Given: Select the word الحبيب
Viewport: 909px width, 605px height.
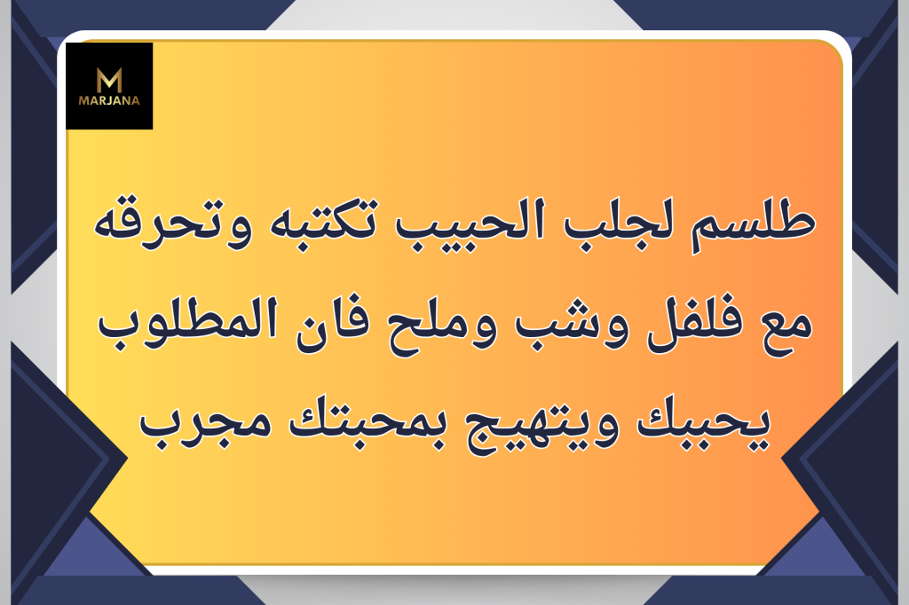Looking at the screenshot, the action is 470,220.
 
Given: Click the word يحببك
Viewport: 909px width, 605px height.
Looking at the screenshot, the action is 703,422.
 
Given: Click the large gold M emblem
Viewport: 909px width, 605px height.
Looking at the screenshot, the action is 109,80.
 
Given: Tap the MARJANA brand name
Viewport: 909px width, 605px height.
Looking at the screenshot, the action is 109,100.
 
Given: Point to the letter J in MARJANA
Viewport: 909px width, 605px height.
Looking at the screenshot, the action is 108,100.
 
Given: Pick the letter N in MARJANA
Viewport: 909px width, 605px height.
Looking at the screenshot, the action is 126,100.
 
